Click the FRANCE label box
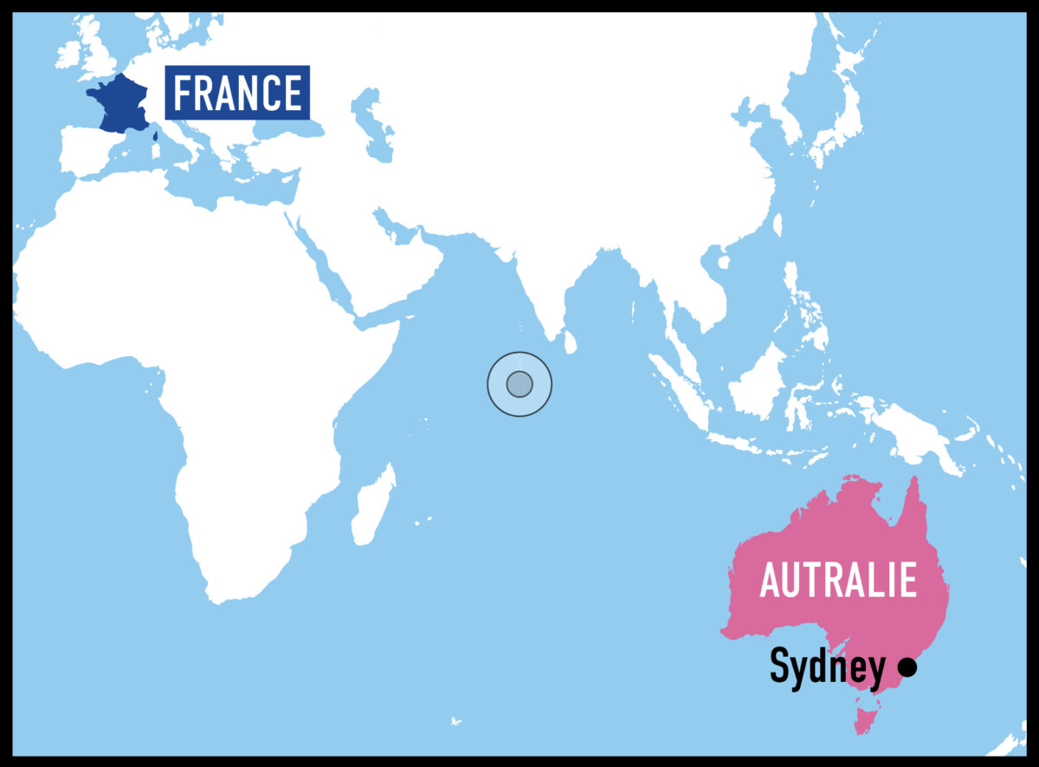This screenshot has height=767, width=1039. point(237,92)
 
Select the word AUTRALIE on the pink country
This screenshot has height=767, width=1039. point(837,579)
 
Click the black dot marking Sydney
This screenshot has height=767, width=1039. point(907,667)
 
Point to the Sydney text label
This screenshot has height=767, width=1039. point(827,668)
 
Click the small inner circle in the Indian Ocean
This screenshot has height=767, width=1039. point(519,383)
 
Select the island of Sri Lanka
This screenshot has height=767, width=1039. point(570,343)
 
